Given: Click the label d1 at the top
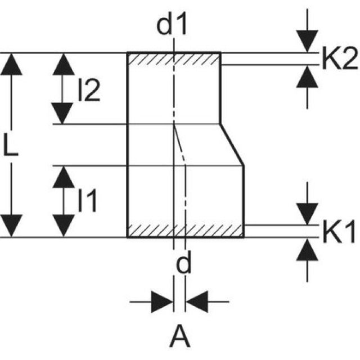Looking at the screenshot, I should (172, 26).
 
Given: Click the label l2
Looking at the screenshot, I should (89, 90).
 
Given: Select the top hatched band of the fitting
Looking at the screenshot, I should (174, 58).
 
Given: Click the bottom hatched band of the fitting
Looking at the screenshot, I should (186, 231).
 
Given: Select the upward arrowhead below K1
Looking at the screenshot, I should (307, 250).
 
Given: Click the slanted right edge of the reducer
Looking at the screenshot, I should (232, 145).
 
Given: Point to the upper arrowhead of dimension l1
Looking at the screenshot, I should (64, 177).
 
